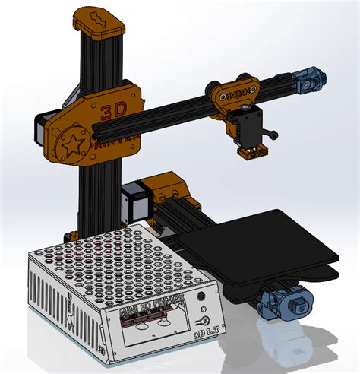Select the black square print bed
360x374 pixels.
point(257,243)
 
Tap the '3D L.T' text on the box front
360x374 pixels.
point(204,333)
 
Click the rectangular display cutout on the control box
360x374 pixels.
point(156,332)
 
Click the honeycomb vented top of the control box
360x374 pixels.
point(114,263)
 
